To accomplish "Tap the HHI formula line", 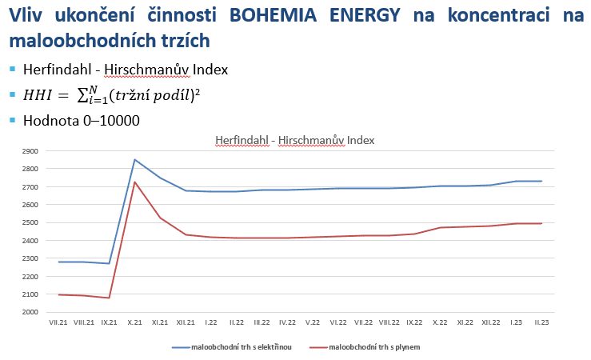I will click(x=112, y=94).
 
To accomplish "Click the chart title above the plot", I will click(x=294, y=140).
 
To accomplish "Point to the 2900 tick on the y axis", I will click(x=30, y=150).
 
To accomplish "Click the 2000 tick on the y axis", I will click(x=30, y=312).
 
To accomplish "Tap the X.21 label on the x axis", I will click(x=135, y=322).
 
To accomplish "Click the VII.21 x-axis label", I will click(x=58, y=322).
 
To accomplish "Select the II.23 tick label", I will click(x=541, y=322).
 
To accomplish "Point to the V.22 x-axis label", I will click(x=313, y=322).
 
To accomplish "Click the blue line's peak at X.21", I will click(x=135, y=159).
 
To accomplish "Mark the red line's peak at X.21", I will click(x=135, y=182).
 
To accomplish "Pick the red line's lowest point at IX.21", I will click(x=110, y=298).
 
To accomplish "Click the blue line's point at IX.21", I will click(x=110, y=263).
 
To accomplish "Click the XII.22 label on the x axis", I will click(x=490, y=322).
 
